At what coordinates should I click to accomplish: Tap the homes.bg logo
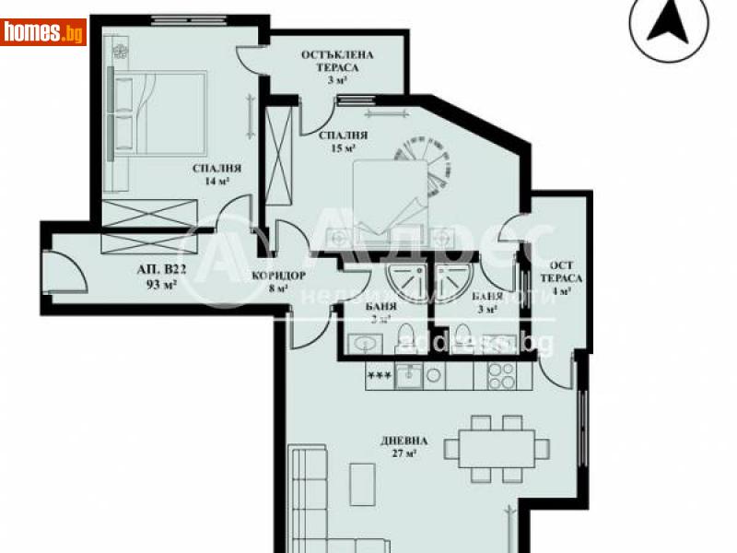(42, 33)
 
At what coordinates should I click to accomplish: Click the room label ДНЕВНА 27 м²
(403, 446)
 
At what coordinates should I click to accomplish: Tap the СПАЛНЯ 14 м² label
(217, 175)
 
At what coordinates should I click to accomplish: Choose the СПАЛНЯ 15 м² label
(337, 140)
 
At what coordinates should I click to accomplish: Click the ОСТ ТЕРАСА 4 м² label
(561, 276)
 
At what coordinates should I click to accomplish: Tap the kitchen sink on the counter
(408, 376)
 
